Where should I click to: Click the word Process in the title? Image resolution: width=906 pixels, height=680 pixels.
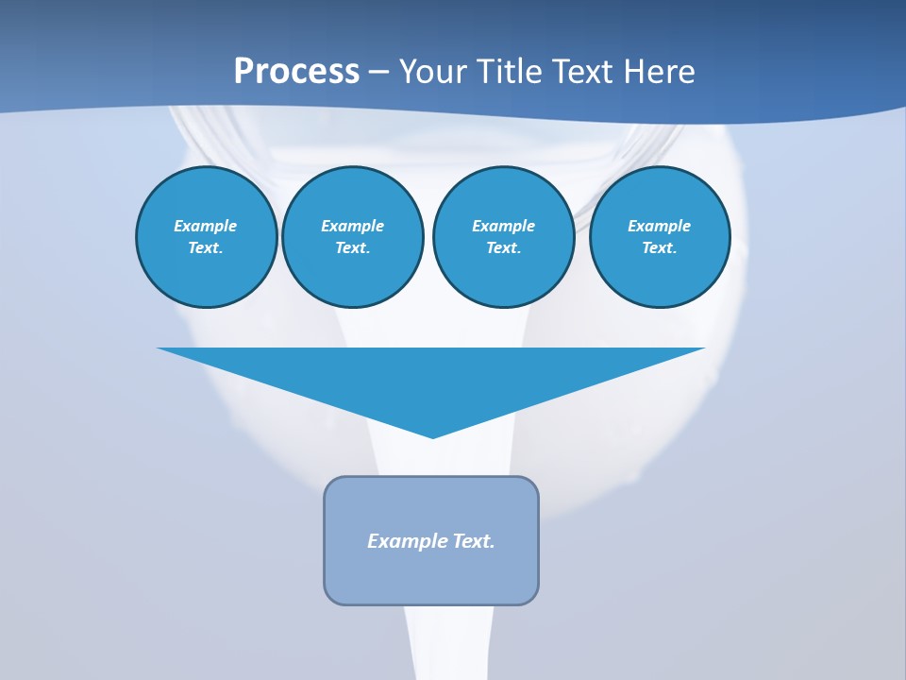coord(296,71)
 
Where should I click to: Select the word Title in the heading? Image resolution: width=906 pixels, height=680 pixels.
coord(513,71)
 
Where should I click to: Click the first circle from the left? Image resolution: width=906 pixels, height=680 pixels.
coord(206,236)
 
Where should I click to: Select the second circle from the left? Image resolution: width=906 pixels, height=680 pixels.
coord(353,236)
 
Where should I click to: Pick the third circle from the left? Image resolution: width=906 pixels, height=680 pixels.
coord(503,236)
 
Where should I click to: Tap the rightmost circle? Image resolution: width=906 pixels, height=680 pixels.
coord(660,236)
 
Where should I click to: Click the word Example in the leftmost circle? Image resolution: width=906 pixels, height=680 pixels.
coord(206,226)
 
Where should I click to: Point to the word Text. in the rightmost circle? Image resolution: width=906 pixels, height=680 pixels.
coord(660,247)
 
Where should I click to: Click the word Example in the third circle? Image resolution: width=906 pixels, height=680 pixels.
coord(503,226)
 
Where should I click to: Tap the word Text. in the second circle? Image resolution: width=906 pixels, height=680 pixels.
coord(353,247)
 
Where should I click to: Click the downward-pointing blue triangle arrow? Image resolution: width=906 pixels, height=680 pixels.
coord(431,378)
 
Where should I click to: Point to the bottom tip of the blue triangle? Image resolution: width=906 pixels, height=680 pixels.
coord(432,436)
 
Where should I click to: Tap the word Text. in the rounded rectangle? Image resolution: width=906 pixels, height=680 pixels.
coord(474,541)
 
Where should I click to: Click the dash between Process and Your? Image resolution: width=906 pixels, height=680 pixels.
coord(378,72)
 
